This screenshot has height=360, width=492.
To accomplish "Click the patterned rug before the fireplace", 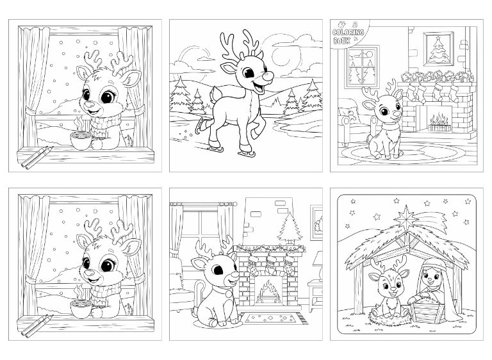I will point(268,318).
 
